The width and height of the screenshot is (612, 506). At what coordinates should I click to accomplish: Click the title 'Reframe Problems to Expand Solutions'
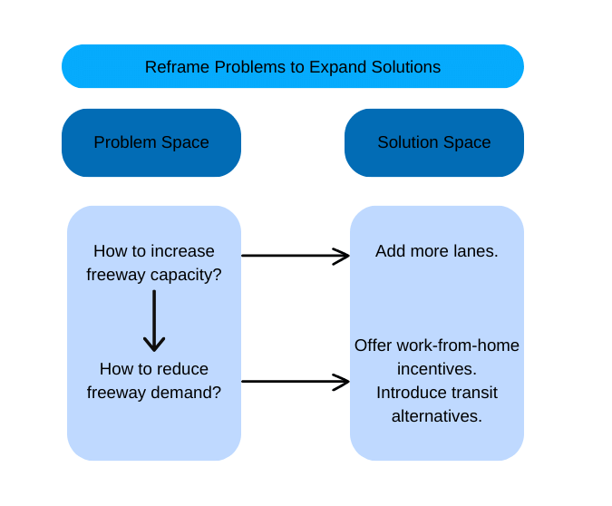[292, 67]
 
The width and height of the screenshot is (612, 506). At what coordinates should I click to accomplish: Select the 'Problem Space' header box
[151, 142]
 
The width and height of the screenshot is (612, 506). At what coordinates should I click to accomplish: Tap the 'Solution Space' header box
[433, 142]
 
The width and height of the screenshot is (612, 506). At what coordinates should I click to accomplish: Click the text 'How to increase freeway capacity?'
[154, 262]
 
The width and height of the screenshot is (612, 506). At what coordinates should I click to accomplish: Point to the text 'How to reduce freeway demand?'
[154, 381]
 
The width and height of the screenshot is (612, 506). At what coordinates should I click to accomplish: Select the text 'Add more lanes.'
[436, 251]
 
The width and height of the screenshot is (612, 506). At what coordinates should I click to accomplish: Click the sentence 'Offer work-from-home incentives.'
[436, 356]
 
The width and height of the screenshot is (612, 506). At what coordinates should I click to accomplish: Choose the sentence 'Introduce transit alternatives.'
[436, 404]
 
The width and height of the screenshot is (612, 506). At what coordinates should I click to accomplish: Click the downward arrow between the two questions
[154, 321]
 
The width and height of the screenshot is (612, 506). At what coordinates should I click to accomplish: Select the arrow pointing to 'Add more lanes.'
[295, 256]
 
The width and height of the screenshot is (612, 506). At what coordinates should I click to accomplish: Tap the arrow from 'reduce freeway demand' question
[295, 381]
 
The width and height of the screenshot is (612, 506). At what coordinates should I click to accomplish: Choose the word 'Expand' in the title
[340, 67]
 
